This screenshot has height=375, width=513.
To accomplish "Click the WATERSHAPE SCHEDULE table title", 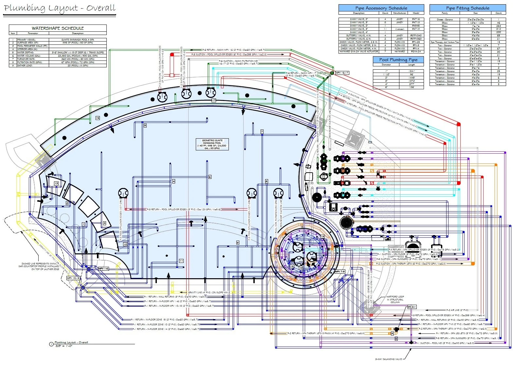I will tap(58, 28).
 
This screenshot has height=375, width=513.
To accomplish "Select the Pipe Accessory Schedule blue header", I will tap(381, 8).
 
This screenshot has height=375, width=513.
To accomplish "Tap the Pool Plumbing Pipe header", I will tap(398, 60).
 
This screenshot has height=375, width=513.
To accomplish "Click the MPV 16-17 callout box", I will tap(342, 73).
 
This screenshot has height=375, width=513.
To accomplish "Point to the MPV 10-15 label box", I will tap(73, 278).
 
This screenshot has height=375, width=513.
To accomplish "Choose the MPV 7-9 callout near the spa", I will tap(340, 272).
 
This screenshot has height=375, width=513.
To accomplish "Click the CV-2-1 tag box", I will tap(412, 307).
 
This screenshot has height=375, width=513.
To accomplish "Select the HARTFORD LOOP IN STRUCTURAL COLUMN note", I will tap(395, 299).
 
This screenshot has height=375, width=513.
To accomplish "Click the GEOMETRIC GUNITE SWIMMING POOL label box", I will tap(212, 144).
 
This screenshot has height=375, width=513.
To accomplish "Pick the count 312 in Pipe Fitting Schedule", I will tap(498, 29).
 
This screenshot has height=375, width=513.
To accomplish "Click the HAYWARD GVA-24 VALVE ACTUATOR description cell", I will tap(358, 52).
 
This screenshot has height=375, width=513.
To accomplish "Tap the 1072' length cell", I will tap(412, 80).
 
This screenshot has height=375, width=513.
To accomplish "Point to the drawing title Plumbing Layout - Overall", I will tap(60, 8).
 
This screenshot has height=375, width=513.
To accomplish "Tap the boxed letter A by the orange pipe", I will tap(392, 333).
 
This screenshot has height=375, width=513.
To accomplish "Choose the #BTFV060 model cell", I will tap(416, 39).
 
